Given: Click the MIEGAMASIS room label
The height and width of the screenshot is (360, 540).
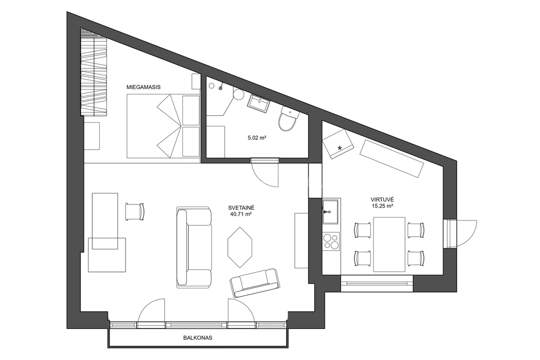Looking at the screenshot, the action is click(143, 87).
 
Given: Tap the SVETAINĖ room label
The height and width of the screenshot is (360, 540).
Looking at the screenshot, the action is click(241, 208).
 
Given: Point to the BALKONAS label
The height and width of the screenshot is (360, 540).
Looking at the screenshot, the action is click(198, 338).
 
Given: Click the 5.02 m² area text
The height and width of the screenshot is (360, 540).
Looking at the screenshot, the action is click(257, 138).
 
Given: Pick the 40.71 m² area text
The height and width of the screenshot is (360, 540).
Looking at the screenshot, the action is click(241, 214).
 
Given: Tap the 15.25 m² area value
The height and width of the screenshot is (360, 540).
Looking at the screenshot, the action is click(382, 206).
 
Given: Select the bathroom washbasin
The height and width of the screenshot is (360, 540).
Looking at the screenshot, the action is click(258, 103).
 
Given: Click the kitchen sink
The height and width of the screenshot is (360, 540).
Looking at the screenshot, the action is click(331, 211).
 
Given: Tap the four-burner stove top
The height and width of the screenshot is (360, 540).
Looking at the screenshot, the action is click(331, 241).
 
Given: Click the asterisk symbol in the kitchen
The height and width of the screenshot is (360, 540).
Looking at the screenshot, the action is click(340, 148).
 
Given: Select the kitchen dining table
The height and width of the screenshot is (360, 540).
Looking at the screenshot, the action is click(389, 245).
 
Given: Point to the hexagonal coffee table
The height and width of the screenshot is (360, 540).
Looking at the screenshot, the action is click(240, 247).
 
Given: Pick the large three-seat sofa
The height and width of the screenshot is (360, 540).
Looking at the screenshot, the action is click(194, 247).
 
